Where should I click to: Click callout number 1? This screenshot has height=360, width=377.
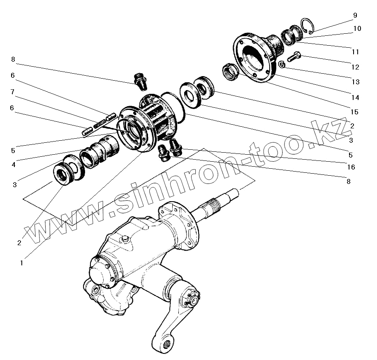(21, 262)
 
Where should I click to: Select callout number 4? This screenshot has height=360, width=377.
(14, 165)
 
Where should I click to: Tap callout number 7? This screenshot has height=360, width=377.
(13, 92)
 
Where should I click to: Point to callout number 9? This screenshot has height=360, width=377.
(355, 15)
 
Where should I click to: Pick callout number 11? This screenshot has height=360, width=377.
(355, 52)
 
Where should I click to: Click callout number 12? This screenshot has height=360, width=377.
(355, 67)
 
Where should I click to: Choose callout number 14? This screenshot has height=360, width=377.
(355, 98)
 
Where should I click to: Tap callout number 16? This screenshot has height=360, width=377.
(351, 167)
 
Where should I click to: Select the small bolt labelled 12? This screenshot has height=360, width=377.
(294, 56)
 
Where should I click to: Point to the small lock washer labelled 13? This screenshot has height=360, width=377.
(281, 64)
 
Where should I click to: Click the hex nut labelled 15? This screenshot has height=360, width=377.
(230, 72)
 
